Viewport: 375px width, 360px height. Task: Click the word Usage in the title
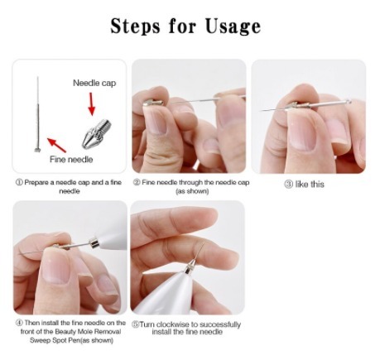tap(233, 26)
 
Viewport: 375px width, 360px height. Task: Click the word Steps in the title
tap(135, 26)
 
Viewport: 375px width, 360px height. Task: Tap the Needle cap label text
tap(94, 83)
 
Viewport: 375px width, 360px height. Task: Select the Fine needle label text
tap(71, 159)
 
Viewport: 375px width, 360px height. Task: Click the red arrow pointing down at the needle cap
tap(91, 104)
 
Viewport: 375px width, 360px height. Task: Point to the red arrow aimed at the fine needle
tap(56, 145)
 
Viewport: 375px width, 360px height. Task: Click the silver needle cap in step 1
tap(96, 133)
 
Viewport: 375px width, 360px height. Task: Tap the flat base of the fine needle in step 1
tap(37, 150)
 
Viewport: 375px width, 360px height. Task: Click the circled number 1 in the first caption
tap(19, 182)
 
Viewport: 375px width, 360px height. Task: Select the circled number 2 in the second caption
tap(137, 182)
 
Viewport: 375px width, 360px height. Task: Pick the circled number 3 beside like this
tap(288, 185)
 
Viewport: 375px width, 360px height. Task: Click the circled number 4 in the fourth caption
tap(19, 323)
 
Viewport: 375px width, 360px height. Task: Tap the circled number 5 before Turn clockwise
tap(135, 324)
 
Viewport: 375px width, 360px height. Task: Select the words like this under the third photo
tap(310, 185)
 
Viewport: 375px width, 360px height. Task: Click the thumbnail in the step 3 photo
tap(302, 133)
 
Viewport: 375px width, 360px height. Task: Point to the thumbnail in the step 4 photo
tap(56, 266)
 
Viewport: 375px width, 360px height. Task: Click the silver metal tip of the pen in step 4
tap(94, 242)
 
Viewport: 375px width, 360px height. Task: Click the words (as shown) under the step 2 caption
tap(192, 191)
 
